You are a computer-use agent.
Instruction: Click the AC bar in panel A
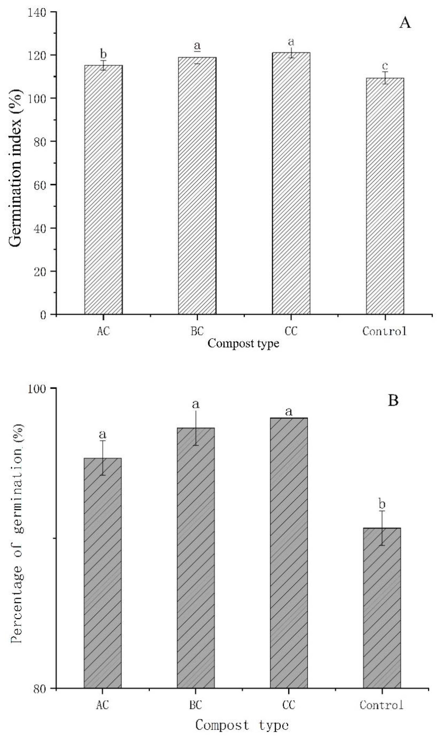tap(103, 190)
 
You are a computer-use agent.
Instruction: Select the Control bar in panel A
tap(385, 196)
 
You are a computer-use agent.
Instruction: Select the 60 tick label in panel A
tap(43, 185)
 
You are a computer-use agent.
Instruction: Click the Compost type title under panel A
tap(243, 344)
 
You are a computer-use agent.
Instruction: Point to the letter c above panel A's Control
tap(385, 66)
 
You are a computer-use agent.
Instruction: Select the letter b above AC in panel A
tap(104, 54)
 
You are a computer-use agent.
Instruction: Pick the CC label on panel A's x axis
tap(291, 331)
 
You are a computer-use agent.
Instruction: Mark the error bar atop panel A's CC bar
tap(291, 53)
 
